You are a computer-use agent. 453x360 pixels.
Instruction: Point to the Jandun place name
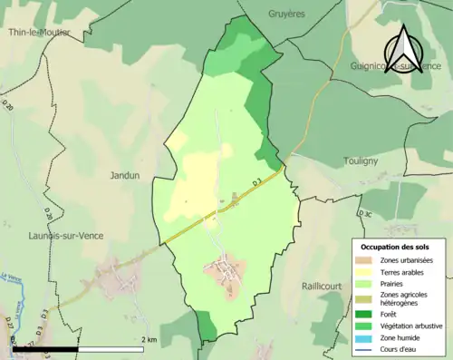pyautogui.click(x=125, y=175)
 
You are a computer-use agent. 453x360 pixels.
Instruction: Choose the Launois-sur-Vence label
pyautogui.click(x=65, y=236)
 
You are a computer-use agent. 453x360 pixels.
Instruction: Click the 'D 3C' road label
pyautogui.click(x=364, y=213)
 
